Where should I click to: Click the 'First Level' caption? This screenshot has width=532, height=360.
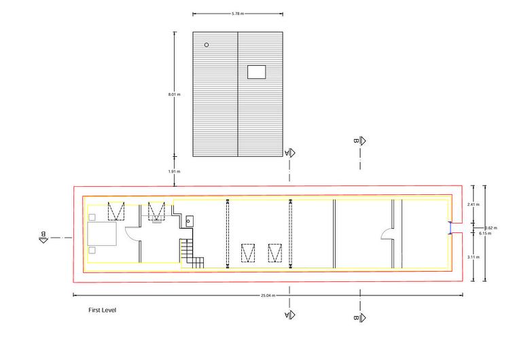point(103,310)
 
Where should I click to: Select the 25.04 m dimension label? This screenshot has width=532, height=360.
point(268,295)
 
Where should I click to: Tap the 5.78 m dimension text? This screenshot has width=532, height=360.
point(237,13)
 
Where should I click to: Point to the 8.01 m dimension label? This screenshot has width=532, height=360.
point(174,94)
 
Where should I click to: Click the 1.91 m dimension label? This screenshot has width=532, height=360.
point(174,172)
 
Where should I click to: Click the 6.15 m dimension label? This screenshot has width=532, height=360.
point(484,234)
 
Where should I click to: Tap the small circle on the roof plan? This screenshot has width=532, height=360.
point(207,45)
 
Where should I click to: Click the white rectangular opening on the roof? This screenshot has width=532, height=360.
point(257,71)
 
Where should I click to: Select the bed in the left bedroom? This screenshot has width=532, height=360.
point(102,235)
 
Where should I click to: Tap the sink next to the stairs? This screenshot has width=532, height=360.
point(189,221)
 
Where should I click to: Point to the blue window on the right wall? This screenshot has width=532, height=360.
point(450,228)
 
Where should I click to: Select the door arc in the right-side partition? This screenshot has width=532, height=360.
point(386,234)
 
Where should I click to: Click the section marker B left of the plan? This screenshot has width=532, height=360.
point(43,236)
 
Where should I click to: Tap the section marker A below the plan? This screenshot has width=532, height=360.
point(289,315)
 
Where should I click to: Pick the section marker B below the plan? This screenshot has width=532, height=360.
point(360,317)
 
